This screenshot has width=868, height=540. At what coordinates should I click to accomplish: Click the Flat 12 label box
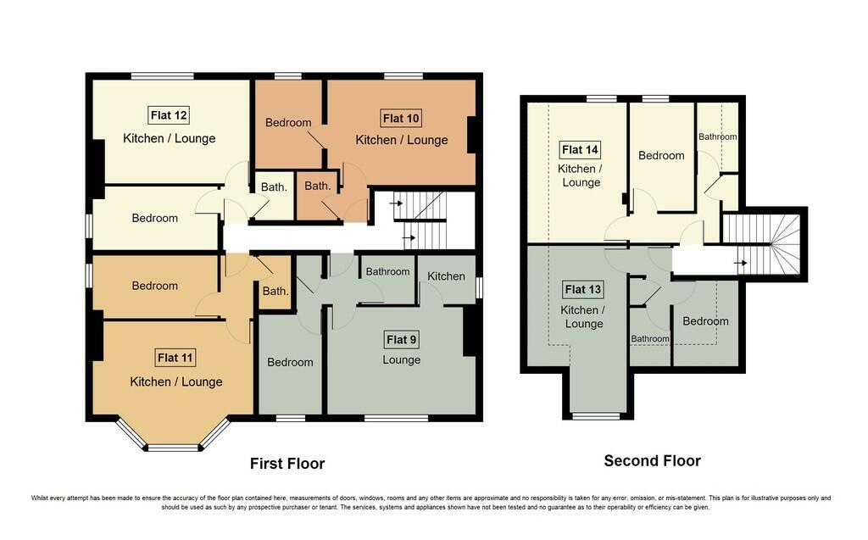click(x=170, y=115)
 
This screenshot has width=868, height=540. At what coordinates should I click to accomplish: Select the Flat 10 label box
click(x=401, y=117)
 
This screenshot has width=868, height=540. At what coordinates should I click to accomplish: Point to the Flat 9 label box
click(x=401, y=340)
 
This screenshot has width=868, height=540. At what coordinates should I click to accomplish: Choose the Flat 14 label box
click(x=581, y=150)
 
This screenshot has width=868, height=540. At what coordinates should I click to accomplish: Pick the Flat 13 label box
click(x=583, y=290)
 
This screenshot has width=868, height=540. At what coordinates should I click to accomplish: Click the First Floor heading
click(x=287, y=464)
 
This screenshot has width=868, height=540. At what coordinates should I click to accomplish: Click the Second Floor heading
click(x=652, y=461)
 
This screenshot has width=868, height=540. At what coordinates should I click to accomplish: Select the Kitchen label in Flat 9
click(x=446, y=276)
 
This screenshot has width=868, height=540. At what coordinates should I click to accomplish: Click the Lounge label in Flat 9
click(x=401, y=359)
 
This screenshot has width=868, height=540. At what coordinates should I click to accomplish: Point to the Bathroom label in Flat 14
click(x=717, y=136)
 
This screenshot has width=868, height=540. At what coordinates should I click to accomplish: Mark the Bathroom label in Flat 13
click(x=650, y=339)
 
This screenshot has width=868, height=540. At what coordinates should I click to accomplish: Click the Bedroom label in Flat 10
click(x=288, y=123)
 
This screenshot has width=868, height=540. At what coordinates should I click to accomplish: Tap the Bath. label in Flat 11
click(x=275, y=292)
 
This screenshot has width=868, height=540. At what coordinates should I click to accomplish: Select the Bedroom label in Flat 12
click(x=155, y=218)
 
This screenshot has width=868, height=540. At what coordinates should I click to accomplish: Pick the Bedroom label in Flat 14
click(x=661, y=156)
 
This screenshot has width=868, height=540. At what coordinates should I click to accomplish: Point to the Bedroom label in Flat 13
click(x=705, y=321)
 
